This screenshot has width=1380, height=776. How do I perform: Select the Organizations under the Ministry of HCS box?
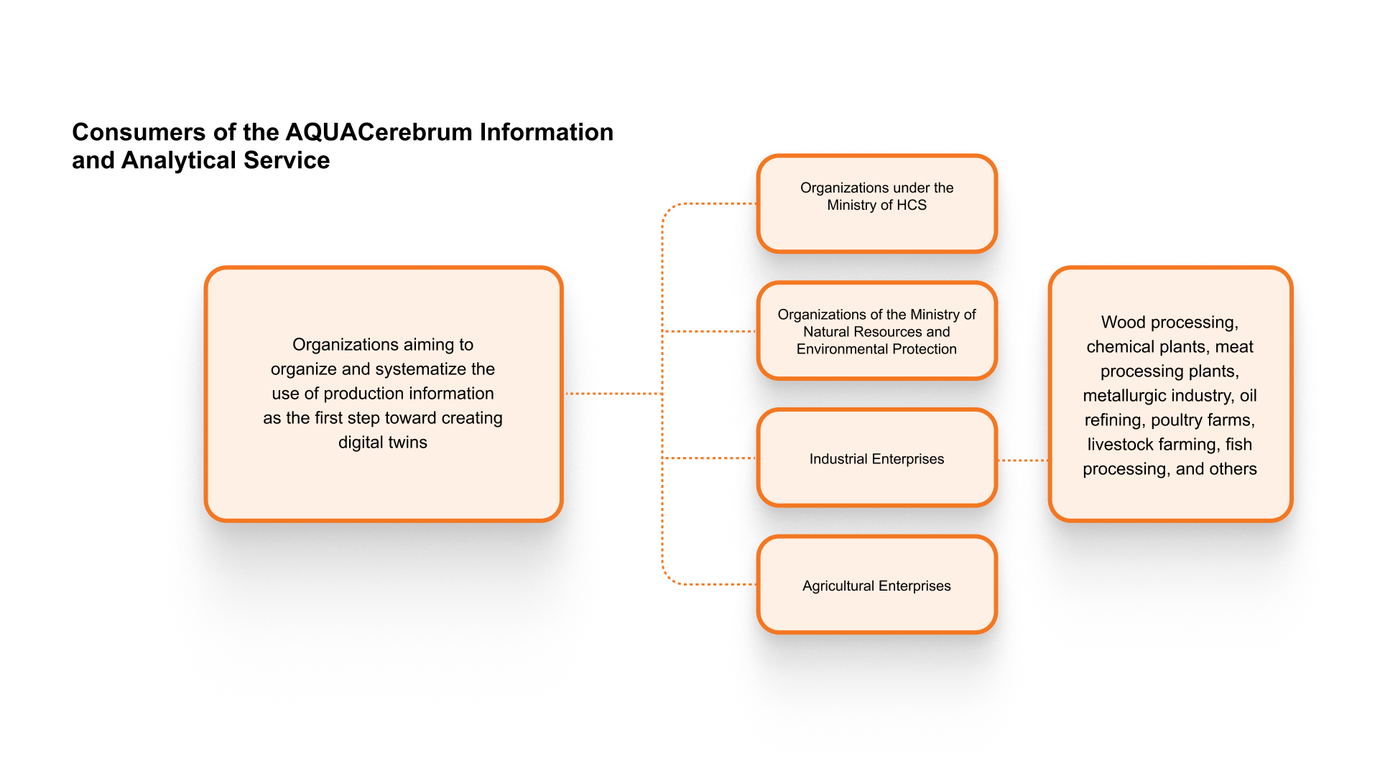click(x=877, y=204)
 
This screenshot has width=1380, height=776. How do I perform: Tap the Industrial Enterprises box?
click(x=877, y=458)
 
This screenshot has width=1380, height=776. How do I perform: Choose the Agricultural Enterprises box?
click(x=877, y=585)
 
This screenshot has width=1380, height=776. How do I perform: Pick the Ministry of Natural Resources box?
click(x=877, y=331)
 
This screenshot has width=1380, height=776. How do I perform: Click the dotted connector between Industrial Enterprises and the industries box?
click(x=1023, y=461)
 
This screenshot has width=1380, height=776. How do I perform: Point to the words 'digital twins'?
click(x=383, y=443)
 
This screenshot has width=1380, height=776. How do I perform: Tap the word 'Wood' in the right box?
click(x=1124, y=323)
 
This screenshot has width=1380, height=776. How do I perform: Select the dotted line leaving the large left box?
click(x=612, y=394)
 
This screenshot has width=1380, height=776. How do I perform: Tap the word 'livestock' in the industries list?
click(x=1120, y=445)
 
